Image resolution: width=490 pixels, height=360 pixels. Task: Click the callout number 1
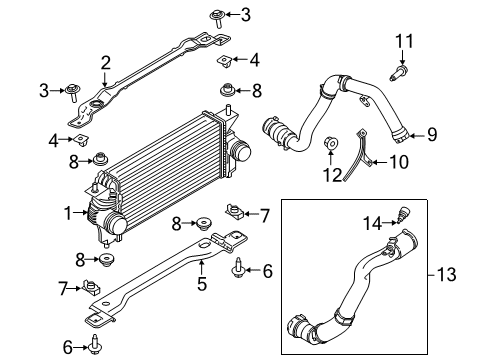68,211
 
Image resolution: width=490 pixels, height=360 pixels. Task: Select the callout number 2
105,63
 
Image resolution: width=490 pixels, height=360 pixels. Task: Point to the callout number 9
432,133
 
